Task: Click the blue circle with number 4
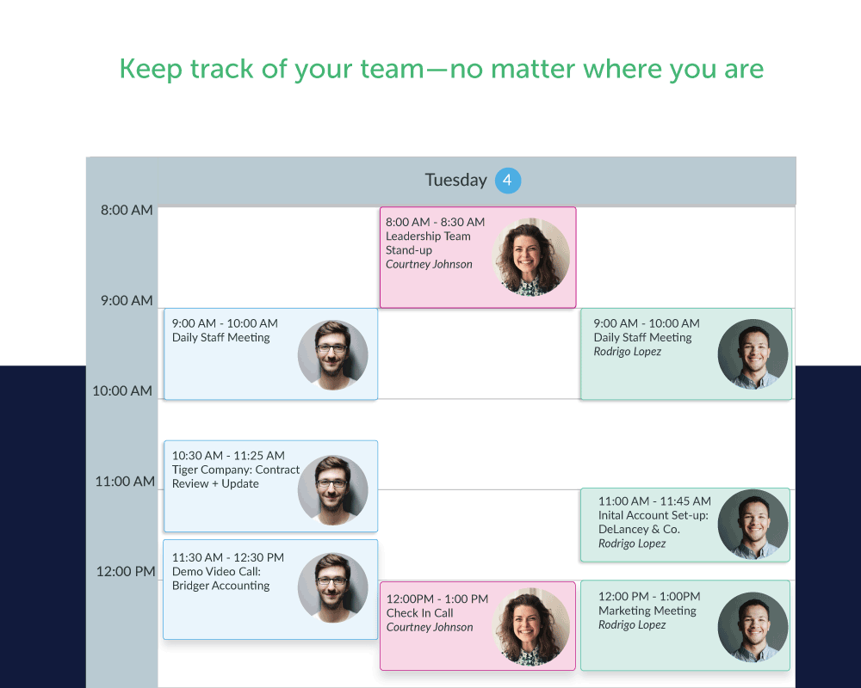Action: [x=508, y=181]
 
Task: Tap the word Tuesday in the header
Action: [x=455, y=180]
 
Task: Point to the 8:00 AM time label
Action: [x=127, y=210]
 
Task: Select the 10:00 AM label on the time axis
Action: [x=122, y=391]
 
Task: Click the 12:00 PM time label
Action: [x=125, y=572]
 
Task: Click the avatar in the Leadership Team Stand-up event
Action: [x=531, y=257]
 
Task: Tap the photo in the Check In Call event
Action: [x=531, y=627]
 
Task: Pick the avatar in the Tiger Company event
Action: [x=332, y=490]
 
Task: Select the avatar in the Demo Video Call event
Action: [x=332, y=587]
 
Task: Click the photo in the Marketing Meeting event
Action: [x=753, y=627]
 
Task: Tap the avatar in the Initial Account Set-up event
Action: [x=753, y=525]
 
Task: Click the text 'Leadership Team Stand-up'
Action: [x=428, y=243]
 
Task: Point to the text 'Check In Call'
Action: [x=419, y=613]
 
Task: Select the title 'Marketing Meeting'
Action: [x=647, y=611]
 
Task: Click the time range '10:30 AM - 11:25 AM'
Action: [x=228, y=456]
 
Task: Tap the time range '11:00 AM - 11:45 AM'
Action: [x=654, y=501]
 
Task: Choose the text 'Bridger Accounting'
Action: [x=220, y=586]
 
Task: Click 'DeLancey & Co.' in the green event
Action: [x=639, y=530]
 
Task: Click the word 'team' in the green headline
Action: [x=392, y=69]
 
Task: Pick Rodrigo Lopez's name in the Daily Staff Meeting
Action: [x=627, y=352]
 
